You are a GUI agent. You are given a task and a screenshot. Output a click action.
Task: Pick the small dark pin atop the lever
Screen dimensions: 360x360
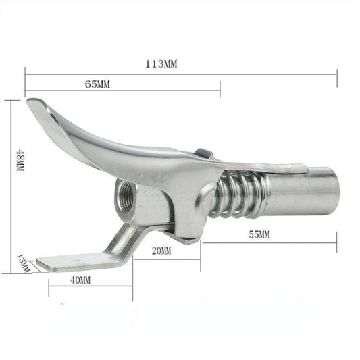click(202, 154)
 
